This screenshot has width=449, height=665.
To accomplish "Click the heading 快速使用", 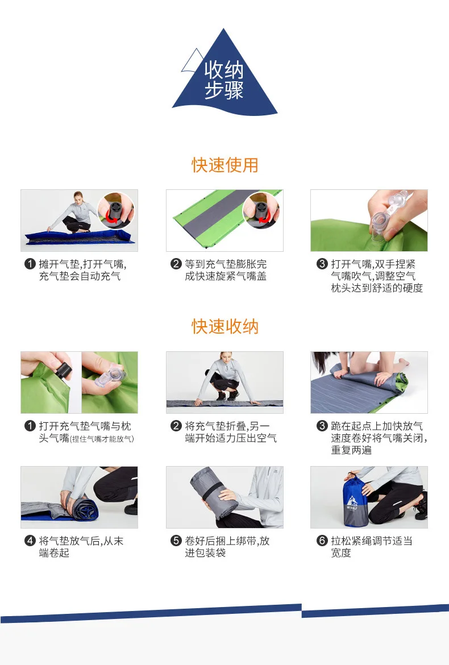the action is click(224, 165).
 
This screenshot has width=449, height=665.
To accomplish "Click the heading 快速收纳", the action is click(224, 327).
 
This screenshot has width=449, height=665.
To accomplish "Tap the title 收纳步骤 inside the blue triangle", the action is click(224, 80).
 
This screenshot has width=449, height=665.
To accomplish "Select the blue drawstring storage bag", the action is click(355, 500).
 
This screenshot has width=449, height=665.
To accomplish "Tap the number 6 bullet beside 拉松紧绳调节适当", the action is click(322, 541).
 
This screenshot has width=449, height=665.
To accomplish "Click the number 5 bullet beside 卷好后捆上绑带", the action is click(176, 541).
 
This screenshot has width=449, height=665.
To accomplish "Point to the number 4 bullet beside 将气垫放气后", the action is click(30, 541).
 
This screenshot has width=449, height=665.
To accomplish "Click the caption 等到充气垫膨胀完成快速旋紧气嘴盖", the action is click(226, 270).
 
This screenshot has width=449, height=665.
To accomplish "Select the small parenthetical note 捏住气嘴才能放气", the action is click(102, 439).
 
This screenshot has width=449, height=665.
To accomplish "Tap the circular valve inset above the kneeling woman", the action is click(116, 210).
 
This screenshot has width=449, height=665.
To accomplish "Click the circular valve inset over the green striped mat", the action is click(261, 210).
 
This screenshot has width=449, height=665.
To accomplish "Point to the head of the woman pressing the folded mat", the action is click(224, 359).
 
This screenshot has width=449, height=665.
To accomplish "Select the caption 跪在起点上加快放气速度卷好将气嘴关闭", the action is click(379, 438).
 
